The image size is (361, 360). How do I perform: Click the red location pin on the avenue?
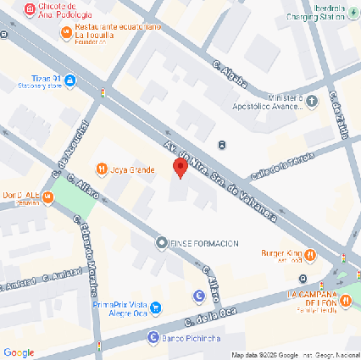(x=180, y=168)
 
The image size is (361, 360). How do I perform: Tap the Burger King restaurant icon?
(x=311, y=253)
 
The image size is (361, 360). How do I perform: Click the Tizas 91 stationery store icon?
(x=70, y=81)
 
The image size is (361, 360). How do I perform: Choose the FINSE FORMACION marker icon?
(x=162, y=242)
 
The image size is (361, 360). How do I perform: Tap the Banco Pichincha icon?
(x=153, y=337)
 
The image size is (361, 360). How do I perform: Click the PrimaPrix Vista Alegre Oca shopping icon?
(x=153, y=305)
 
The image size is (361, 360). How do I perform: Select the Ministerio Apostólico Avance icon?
(x=312, y=102)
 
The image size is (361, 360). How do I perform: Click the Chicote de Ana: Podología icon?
(x=31, y=9)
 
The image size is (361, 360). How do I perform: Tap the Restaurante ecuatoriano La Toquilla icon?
(x=66, y=32)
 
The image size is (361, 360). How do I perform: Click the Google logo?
(x=19, y=352)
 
